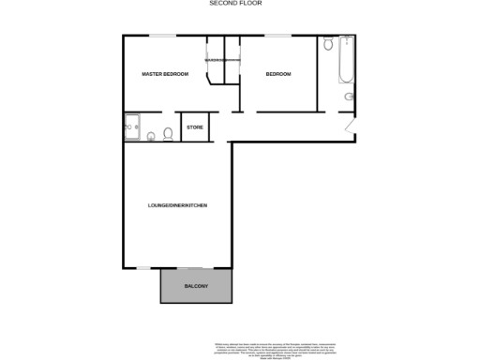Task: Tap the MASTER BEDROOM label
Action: click(x=165, y=74)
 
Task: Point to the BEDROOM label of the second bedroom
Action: click(x=277, y=74)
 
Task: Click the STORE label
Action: click(x=194, y=127)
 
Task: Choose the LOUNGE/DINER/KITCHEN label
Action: click(x=177, y=204)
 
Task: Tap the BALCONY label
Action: click(x=195, y=286)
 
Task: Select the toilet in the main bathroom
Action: click(x=327, y=45)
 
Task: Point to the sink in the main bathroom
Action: click(x=349, y=97)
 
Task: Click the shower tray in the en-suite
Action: click(x=131, y=126)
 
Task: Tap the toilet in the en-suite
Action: click(x=167, y=134)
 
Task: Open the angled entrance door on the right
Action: click(x=349, y=126)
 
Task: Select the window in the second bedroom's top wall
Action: click(x=277, y=36)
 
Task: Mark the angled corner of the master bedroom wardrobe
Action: click(x=212, y=79)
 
